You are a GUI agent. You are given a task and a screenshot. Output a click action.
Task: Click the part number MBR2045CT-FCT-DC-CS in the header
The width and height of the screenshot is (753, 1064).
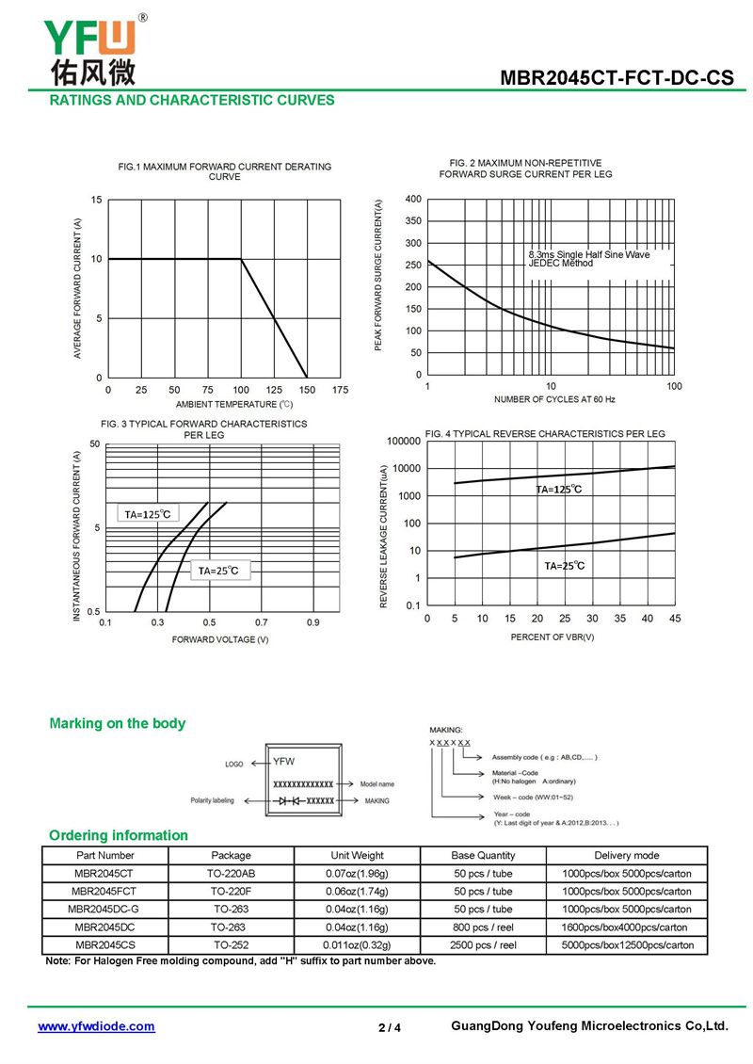coord(617,77)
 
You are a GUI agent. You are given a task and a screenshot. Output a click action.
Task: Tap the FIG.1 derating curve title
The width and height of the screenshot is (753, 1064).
coord(225,171)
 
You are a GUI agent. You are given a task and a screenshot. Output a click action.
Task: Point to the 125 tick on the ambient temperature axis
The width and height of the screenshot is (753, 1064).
coord(274,390)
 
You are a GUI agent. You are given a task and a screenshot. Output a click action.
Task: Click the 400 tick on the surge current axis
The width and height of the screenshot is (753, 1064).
coord(413,199)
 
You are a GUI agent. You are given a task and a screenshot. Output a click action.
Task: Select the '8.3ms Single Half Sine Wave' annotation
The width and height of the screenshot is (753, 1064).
coord(589,254)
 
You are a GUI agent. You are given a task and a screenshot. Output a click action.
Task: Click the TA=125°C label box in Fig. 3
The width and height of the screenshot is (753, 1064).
coord(148,514)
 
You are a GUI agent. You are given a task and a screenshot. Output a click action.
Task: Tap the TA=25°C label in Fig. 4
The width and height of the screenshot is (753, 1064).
coord(564,565)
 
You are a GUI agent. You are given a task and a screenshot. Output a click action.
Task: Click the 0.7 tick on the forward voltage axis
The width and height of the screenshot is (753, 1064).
coord(261,621)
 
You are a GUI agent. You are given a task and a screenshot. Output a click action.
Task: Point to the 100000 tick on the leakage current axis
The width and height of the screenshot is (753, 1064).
coord(404,441)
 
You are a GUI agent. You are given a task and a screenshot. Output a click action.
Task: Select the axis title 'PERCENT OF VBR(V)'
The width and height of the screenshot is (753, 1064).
coord(553,637)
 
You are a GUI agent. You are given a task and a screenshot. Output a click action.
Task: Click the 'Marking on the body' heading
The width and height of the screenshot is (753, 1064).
coord(118,723)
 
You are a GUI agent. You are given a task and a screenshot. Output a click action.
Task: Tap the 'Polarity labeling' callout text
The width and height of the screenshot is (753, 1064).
coord(213,800)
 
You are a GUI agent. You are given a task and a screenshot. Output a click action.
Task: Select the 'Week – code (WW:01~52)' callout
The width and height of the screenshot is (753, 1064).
coord(533,798)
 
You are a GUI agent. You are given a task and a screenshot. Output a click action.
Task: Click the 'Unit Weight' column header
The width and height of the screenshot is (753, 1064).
coord(357,855)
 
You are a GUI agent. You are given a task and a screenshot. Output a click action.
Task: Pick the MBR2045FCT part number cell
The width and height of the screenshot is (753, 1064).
coord(104,891)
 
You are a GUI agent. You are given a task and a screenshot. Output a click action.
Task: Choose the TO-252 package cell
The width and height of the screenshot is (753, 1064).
coord(232,944)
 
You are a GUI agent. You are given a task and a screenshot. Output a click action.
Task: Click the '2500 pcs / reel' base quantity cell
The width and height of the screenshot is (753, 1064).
coord(483,944)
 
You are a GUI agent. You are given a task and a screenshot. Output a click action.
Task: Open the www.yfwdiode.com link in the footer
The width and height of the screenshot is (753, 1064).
coord(96,1026)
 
